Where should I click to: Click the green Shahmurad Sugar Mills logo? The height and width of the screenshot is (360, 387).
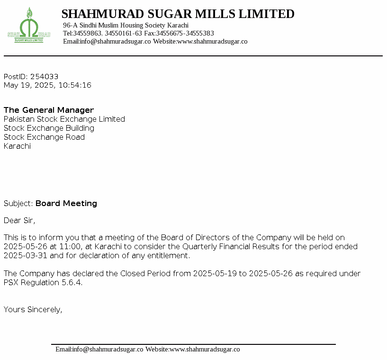click(28, 26)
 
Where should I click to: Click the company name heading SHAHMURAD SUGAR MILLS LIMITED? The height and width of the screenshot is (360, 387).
click(178, 14)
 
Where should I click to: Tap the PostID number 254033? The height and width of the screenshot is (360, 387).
click(44, 77)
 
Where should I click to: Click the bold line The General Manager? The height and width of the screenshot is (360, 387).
click(49, 110)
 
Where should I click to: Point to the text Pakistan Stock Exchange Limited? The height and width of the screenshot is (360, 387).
click(64, 119)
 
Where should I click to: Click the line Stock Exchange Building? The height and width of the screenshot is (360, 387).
click(49, 128)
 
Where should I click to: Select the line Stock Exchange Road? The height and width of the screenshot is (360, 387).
click(44, 137)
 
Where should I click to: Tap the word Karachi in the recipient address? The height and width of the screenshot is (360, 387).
click(17, 146)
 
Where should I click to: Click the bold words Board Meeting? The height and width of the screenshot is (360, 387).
click(66, 204)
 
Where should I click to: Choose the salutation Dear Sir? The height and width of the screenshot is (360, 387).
click(19, 221)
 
